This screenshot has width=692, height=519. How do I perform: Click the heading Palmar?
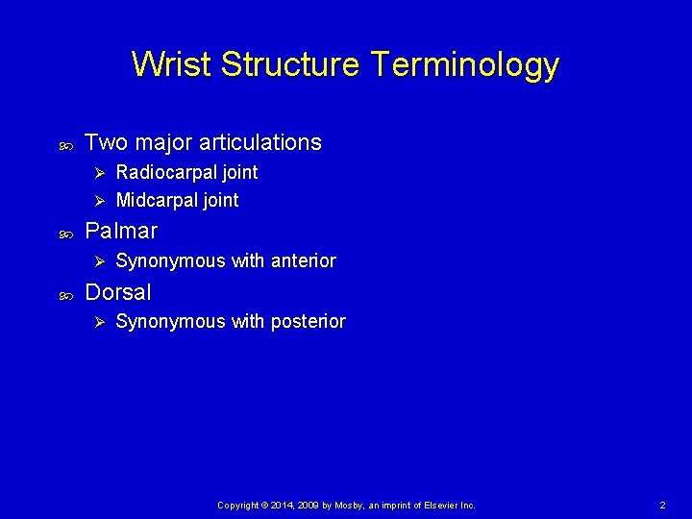121,232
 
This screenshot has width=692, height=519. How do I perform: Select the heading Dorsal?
118,292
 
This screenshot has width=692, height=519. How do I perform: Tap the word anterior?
303,260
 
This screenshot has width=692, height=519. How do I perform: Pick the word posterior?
308,322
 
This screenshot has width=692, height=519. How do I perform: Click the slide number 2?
662,505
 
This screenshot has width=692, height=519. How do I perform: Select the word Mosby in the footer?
347,505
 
